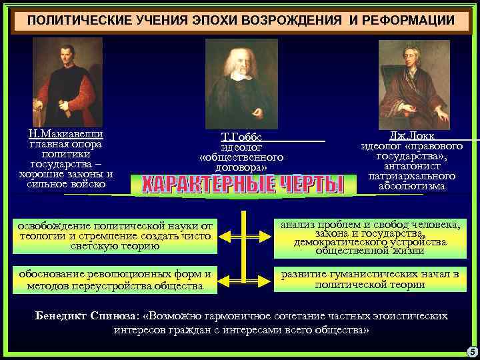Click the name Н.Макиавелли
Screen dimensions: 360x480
(65, 134)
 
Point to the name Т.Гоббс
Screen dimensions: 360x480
(241, 136)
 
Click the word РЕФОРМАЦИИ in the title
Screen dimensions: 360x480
(408, 21)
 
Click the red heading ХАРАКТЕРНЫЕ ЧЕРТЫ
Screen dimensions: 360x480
(241, 184)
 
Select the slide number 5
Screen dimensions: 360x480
(472, 352)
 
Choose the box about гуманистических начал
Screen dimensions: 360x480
(370, 279)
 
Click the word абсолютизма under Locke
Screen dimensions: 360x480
(411, 187)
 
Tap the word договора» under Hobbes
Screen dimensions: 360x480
(241, 167)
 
